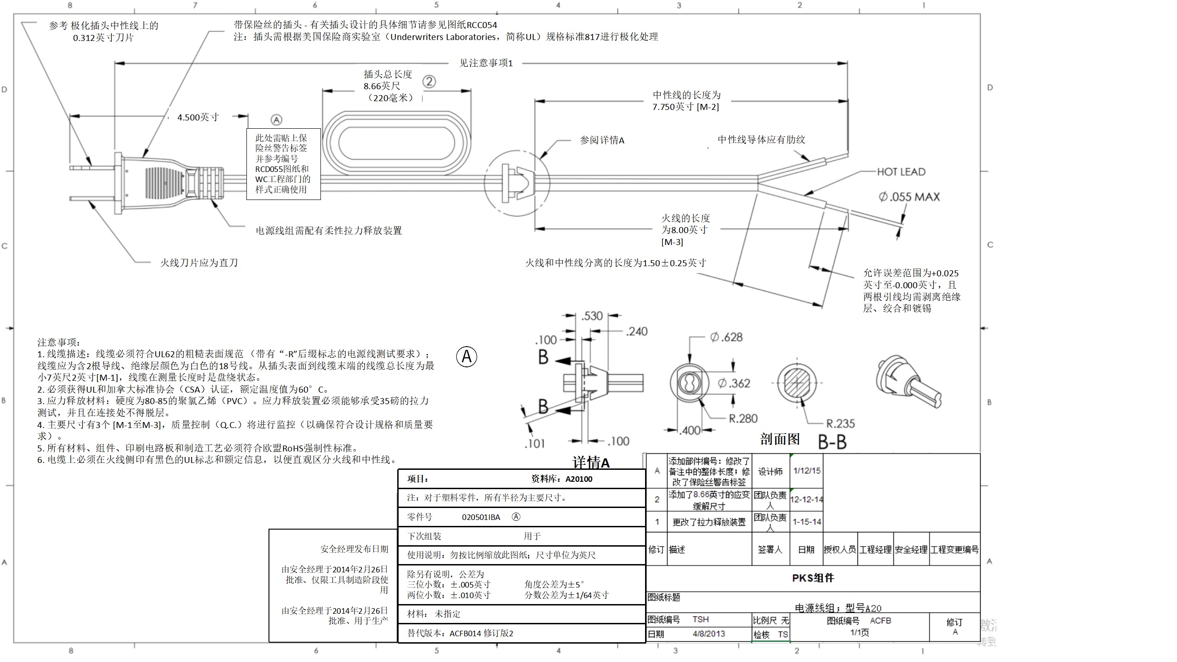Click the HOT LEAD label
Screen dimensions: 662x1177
pos(901,172)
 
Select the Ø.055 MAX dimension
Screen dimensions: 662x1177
pos(909,197)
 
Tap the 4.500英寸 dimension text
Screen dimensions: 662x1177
pos(198,117)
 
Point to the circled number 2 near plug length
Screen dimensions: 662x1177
pos(429,82)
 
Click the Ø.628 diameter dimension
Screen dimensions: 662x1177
pos(726,337)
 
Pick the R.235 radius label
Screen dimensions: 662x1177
pos(840,423)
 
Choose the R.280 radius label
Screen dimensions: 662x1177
pos(743,418)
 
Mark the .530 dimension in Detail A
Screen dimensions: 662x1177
pos(592,316)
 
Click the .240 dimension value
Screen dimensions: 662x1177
pos(636,331)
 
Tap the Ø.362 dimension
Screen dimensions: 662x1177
pos(734,383)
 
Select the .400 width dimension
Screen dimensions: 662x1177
pos(690,430)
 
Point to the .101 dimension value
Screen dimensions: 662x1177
pos(535,444)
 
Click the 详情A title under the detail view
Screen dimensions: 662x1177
pos(591,462)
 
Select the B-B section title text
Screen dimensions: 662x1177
pos(832,442)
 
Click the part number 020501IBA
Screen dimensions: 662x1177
pos(481,517)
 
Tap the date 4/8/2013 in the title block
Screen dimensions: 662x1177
pos(708,634)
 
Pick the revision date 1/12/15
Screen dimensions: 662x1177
pos(807,471)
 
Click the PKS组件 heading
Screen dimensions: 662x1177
pos(812,578)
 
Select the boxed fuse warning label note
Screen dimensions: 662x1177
pos(283,164)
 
